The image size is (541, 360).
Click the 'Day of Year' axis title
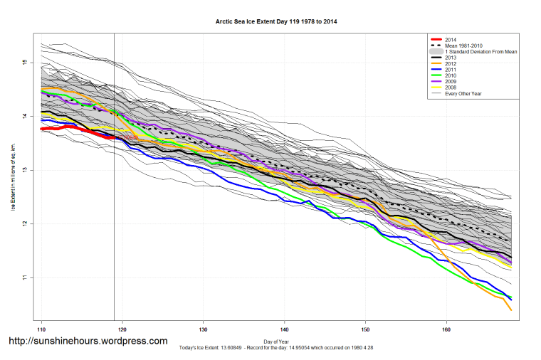[276, 342]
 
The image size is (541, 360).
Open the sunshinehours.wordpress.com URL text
[88, 342]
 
